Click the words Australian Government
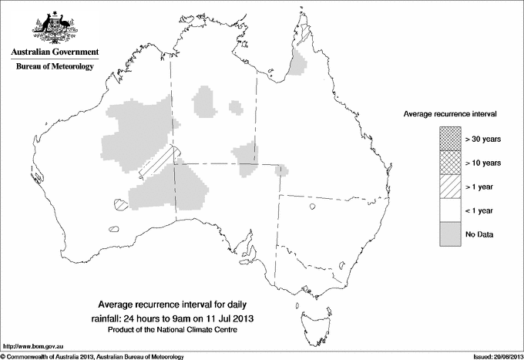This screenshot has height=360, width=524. point(55,52)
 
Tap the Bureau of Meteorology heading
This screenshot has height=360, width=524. point(55,67)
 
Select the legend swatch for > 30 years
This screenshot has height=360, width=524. point(449,139)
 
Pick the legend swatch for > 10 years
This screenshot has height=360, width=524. point(449,163)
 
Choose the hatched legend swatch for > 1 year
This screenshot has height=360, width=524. point(449,187)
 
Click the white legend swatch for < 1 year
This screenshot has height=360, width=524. point(449,210)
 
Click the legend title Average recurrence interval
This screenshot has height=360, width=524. point(449,113)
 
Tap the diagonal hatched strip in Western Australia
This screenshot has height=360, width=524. point(158,163)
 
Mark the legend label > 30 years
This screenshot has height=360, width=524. point(483,139)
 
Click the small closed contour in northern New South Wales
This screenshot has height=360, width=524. point(314,206)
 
